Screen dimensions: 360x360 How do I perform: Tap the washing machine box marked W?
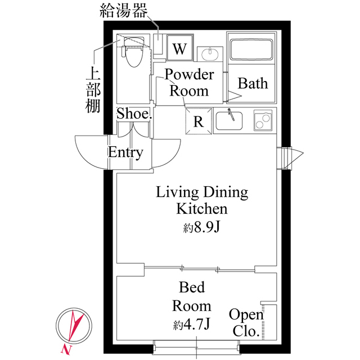(179, 48)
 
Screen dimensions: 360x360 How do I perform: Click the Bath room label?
(253, 84)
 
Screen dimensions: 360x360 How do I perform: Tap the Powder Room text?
(189, 83)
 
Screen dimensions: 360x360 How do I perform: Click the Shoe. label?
(134, 113)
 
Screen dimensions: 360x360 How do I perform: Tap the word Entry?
(125, 152)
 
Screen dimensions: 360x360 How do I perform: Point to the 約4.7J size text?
(192, 325)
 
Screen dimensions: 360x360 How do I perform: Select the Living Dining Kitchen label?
(202, 201)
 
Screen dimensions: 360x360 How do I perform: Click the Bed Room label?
(192, 296)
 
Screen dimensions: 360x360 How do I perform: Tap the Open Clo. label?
(246, 322)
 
